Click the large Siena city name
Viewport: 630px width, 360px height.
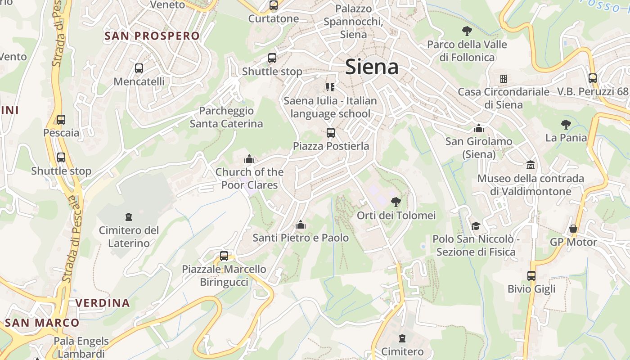[x=372, y=67]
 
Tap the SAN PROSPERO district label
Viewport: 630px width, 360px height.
[x=152, y=36]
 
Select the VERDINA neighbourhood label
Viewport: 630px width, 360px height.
[x=103, y=303]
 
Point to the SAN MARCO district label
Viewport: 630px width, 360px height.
[x=42, y=323]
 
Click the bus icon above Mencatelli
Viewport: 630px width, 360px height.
[x=139, y=68]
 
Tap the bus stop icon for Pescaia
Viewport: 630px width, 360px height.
[x=61, y=120]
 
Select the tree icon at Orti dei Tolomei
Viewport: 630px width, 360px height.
[x=396, y=202]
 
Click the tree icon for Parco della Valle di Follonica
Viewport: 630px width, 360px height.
[x=467, y=31]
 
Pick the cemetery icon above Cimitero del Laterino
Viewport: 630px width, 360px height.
[x=129, y=217]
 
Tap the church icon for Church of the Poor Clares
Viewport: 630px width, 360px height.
[x=249, y=159]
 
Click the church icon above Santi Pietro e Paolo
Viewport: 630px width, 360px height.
[x=301, y=224]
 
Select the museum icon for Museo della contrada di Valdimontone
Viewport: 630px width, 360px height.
[x=531, y=165]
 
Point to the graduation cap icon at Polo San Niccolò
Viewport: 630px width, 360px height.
[x=476, y=225]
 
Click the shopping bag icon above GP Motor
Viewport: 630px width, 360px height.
[x=573, y=229]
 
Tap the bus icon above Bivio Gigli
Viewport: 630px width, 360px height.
[x=531, y=275]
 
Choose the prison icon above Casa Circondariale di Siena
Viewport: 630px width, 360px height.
[x=504, y=79]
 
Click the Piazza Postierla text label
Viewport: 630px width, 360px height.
[x=331, y=146]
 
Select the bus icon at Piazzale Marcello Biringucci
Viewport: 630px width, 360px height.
[x=224, y=256]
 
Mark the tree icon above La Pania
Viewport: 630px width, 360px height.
[x=566, y=125]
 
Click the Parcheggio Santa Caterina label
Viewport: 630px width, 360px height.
[x=226, y=117]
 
